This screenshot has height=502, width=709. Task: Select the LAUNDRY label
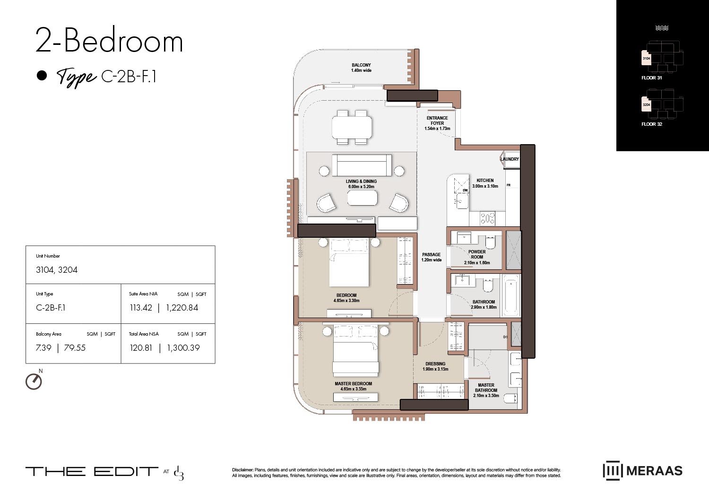pos(510,159)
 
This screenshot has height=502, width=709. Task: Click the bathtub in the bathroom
pos(511,295)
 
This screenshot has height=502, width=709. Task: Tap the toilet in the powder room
pos(490,242)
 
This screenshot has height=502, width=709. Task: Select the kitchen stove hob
pos(488,218)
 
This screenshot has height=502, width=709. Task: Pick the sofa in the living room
pos(362,165)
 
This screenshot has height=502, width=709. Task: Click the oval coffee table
pos(362,198)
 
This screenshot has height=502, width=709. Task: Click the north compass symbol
pos(34,381)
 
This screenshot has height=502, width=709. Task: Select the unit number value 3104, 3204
pos(57,270)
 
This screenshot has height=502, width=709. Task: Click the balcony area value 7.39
pos(43,348)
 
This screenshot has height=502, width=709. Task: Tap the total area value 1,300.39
pos(183,348)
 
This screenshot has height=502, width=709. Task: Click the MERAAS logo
pos(643,470)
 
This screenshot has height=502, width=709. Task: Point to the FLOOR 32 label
pos(651,124)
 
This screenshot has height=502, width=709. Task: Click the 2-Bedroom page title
pos(109,41)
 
